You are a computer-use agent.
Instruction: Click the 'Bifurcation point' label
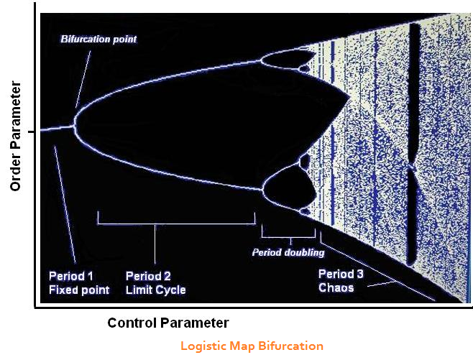tap(98, 40)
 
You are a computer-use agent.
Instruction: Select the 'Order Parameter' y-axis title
tap(16, 136)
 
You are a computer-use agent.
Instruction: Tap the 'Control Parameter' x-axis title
tap(168, 323)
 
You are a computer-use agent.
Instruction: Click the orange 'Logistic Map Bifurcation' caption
tap(252, 346)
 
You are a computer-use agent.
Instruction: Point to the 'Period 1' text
tap(71, 276)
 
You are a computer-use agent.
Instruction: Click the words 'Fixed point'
tap(79, 290)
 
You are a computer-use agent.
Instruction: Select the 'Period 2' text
tap(148, 276)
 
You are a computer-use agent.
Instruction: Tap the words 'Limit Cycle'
tap(156, 290)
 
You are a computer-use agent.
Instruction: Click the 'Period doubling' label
tap(288, 252)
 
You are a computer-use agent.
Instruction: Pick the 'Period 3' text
tap(341, 274)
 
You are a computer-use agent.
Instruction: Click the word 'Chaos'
tap(336, 287)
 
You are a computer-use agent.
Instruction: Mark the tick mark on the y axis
tap(32, 131)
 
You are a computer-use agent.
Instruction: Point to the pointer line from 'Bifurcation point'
tap(83, 79)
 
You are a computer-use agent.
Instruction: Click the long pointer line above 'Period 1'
tap(65, 204)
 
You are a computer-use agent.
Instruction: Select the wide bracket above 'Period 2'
tap(176, 224)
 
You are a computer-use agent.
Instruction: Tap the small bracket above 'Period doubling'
tap(288, 237)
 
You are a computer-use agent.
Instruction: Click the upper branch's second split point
tap(261, 61)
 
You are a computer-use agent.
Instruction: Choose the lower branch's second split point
tap(262, 190)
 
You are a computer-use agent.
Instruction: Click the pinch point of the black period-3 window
tap(411, 165)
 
